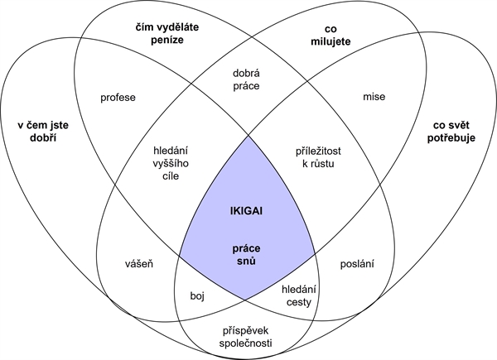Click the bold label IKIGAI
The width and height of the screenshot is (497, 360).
pos(248,209)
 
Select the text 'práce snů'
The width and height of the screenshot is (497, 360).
pos(248,253)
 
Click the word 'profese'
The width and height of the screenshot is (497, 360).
pos(118,97)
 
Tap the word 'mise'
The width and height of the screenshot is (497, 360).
pos(374,97)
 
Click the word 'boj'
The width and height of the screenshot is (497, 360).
pos(197,294)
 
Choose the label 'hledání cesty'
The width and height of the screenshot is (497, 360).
pos(299,295)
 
